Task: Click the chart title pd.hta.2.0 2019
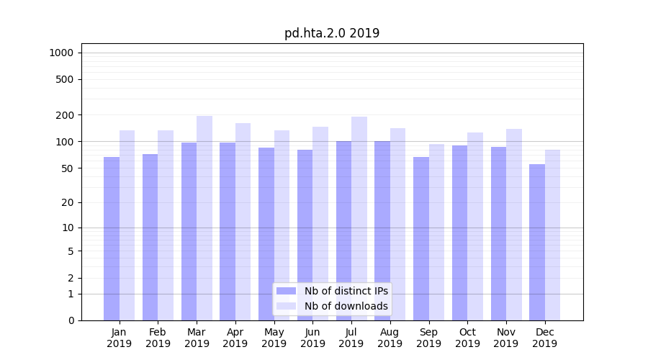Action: [x=332, y=33]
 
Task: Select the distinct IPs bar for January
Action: [x=112, y=238]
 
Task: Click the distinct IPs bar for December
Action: [x=537, y=242]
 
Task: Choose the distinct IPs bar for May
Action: [x=266, y=234]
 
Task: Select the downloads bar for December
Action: [x=553, y=235]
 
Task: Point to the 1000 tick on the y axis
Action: [x=61, y=53]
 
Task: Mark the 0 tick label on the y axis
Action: [x=71, y=320]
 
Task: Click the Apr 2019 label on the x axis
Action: [x=235, y=338]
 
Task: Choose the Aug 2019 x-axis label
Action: [x=390, y=338]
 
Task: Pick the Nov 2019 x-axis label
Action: [x=506, y=338]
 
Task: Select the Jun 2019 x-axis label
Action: [x=312, y=338]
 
